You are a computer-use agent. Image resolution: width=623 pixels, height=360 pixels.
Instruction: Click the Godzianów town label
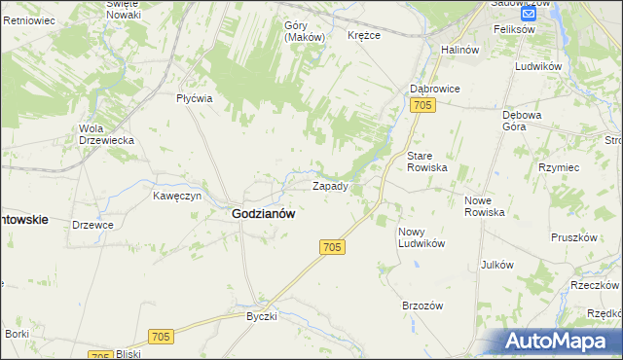[x=263, y=214]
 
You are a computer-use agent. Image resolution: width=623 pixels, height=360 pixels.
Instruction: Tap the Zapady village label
[x=329, y=185]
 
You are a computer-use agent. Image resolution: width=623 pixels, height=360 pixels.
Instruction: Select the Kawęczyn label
[x=176, y=196]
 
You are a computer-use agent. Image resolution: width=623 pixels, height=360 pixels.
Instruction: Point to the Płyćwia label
[x=194, y=98]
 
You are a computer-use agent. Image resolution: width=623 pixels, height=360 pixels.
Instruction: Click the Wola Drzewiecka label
[x=106, y=134]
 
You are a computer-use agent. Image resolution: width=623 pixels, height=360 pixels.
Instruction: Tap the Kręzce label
[x=363, y=35]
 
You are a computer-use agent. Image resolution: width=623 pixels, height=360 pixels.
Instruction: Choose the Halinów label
[x=460, y=50]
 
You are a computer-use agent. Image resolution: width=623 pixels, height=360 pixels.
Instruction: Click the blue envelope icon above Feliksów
[x=529, y=14]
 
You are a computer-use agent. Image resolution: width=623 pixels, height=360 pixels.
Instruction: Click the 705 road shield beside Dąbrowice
[x=421, y=105]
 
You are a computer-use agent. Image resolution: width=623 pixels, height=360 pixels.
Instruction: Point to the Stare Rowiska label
[x=426, y=162]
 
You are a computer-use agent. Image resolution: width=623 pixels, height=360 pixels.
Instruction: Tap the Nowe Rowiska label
[x=484, y=205]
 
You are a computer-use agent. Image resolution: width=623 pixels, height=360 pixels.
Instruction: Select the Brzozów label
[x=422, y=306]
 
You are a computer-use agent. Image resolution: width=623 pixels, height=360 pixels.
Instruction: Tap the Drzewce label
[x=92, y=225]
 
